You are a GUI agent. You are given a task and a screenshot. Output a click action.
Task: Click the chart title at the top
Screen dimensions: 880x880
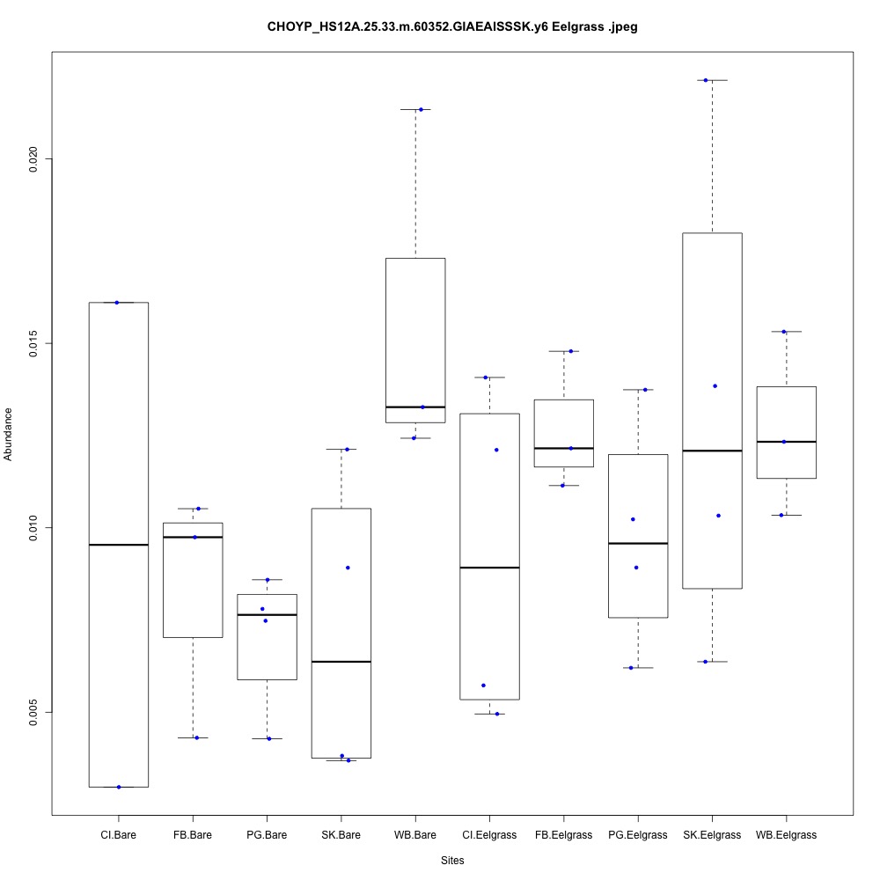(452, 26)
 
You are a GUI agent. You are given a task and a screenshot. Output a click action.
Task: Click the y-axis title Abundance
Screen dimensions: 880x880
(9, 433)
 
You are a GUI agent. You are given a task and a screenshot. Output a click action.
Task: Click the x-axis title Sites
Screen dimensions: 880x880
(452, 860)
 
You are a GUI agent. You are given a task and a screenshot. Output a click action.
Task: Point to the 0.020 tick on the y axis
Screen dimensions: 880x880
(35, 158)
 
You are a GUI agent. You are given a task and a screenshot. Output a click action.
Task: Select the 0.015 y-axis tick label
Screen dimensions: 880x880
(35, 342)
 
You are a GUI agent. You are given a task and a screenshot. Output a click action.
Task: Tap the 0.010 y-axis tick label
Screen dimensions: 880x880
(35, 527)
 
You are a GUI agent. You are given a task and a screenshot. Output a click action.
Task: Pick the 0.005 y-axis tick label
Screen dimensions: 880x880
(35, 712)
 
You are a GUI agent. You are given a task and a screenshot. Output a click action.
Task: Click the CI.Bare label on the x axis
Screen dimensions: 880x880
(118, 834)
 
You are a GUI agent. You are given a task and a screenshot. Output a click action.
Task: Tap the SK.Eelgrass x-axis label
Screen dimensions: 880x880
(712, 834)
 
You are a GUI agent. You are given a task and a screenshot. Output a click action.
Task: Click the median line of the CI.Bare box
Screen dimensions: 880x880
(118, 545)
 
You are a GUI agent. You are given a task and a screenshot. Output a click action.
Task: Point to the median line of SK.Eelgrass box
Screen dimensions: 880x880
(712, 451)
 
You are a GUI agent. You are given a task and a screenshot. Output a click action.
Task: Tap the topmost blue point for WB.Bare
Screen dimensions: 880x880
(421, 109)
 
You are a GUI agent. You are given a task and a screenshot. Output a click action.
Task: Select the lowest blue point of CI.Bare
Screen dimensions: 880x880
(119, 787)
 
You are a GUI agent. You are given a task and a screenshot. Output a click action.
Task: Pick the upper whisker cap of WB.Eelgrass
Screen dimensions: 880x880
(786, 332)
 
